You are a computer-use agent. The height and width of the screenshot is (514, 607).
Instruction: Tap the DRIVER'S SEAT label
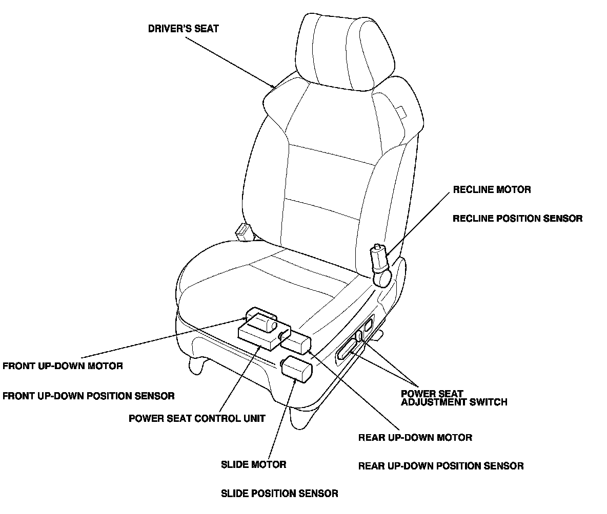pyautogui.click(x=183, y=29)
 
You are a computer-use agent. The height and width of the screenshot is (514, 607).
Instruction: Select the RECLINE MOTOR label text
pyautogui.click(x=492, y=190)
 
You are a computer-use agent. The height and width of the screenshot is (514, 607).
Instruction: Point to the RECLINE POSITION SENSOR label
pyautogui.click(x=517, y=219)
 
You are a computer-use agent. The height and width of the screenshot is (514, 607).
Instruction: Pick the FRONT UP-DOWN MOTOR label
pyautogui.click(x=63, y=366)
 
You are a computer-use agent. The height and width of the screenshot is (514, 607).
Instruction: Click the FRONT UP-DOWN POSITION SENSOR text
pyautogui.click(x=88, y=396)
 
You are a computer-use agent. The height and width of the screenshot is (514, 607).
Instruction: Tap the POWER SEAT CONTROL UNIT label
pyautogui.click(x=197, y=418)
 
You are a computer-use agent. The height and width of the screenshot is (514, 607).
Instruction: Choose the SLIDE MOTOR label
pyautogui.click(x=253, y=465)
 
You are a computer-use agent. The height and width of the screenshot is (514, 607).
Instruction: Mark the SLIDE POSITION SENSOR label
pyautogui.click(x=279, y=494)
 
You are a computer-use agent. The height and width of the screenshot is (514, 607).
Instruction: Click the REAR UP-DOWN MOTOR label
pyautogui.click(x=415, y=438)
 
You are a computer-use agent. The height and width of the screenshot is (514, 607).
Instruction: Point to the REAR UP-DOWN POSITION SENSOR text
pyautogui.click(x=441, y=466)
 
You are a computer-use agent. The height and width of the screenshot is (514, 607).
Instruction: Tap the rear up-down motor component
pyautogui.click(x=297, y=342)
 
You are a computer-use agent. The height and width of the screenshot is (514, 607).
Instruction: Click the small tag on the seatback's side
pyautogui.click(x=400, y=112)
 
